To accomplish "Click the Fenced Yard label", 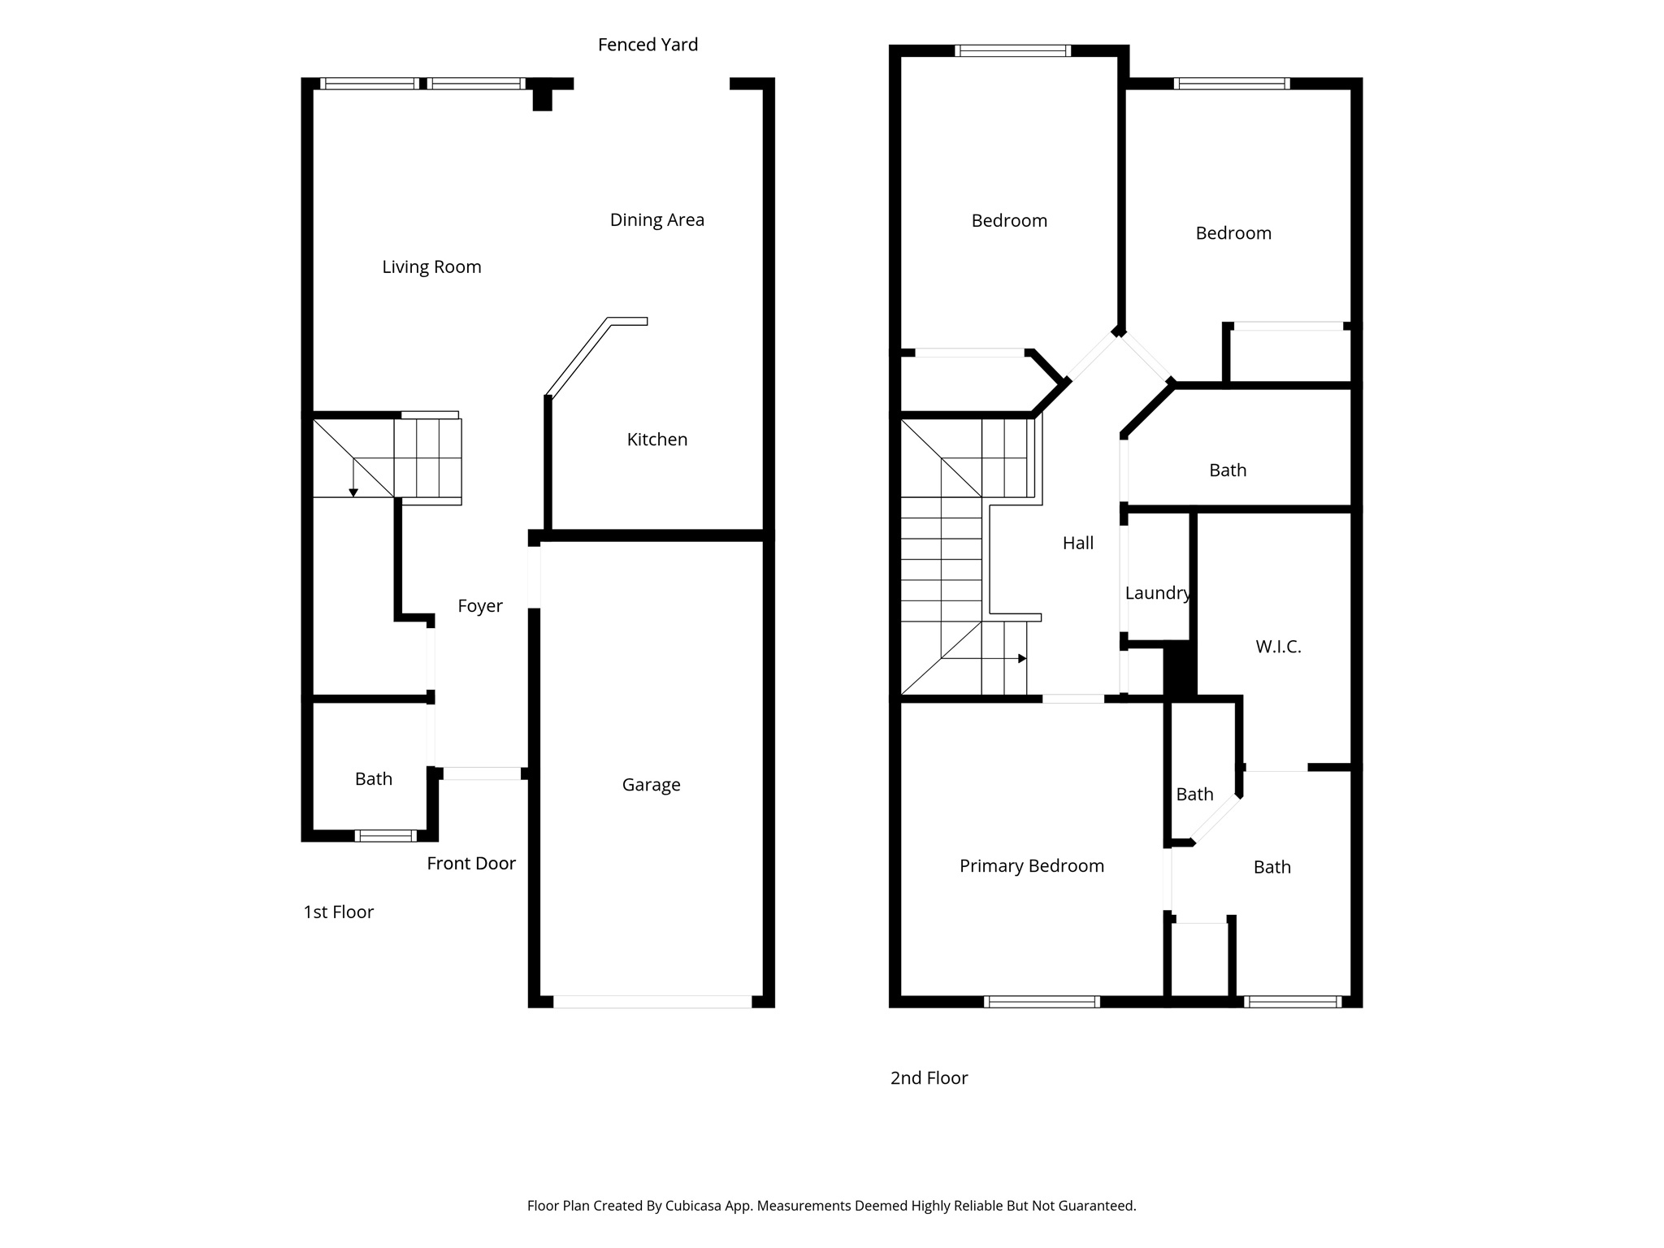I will point(648,45).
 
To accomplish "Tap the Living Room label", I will point(431,266).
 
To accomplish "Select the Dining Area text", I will point(656,219).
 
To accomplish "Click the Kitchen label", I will point(656,440).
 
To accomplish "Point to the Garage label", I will point(651,785).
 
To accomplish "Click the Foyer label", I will point(479,606).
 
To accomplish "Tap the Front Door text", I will point(471,864).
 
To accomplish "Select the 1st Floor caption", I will point(338,912).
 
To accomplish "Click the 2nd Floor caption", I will point(929,1078).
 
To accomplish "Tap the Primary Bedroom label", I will point(1031,866).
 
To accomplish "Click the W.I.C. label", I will point(1278,647).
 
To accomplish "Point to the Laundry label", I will point(1157,593).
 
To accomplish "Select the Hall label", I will point(1078,544).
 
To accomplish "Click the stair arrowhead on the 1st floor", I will point(353,492).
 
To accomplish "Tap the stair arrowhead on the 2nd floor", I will point(1022,658).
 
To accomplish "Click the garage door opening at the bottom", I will point(652,1002).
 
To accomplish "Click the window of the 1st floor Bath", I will point(386,835).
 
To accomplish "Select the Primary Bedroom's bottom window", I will point(1042,1002).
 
